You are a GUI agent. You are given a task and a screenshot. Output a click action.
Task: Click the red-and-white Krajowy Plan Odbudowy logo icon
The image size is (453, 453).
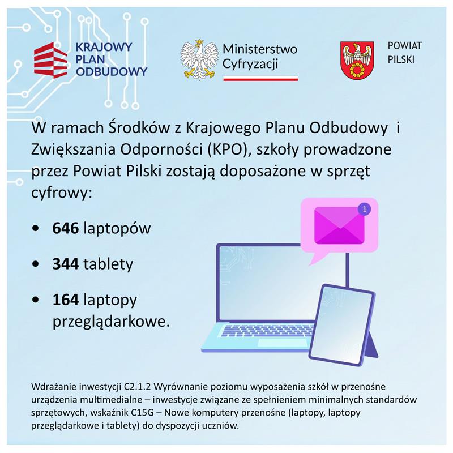(52, 59)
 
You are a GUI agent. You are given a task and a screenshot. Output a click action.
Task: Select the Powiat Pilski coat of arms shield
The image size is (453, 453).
(356, 60)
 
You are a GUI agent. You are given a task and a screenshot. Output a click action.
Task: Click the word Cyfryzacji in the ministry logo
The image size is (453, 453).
(250, 64)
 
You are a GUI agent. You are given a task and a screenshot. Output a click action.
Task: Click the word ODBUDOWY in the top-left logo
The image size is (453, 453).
(112, 72)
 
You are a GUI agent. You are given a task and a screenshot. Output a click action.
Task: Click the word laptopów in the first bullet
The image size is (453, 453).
(117, 229)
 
